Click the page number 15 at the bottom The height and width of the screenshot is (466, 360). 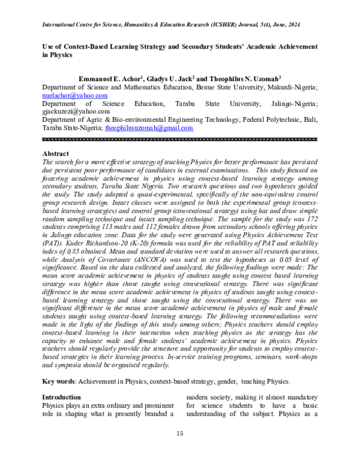(x=179, y=434)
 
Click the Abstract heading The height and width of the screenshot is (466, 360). (x=56, y=154)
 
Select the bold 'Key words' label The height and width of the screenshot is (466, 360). (x=59, y=382)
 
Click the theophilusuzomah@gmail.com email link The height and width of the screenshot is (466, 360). (x=149, y=128)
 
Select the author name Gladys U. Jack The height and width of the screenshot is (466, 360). (x=169, y=79)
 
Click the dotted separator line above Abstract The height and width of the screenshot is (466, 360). (x=179, y=139)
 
